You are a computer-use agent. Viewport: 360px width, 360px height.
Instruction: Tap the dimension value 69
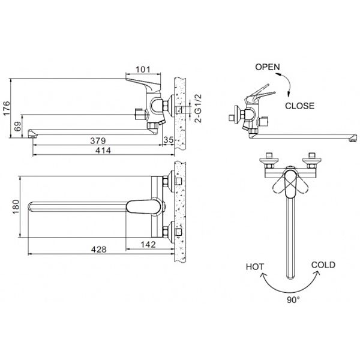pos(17,127)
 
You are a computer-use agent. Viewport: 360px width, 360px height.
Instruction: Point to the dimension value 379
pos(90,141)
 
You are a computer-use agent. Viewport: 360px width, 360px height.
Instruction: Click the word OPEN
pos(268,67)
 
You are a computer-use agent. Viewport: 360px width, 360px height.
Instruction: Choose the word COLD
pos(323,265)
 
